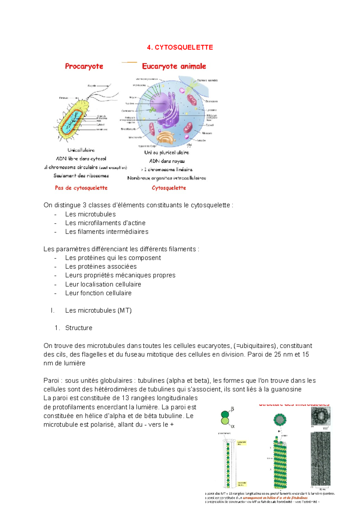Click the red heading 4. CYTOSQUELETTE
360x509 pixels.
(180, 47)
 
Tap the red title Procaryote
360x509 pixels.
(84, 66)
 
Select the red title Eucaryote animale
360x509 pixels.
(174, 66)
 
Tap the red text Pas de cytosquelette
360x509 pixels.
(81, 188)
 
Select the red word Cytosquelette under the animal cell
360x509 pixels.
(169, 188)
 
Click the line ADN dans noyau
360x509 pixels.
(167, 161)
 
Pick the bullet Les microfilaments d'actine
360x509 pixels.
(105, 223)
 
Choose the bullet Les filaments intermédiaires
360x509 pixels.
(106, 232)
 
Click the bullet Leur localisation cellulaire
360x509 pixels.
(103, 284)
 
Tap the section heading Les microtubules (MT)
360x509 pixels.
(98, 311)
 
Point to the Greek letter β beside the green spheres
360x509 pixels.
(232, 409)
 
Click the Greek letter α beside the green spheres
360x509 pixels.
(232, 426)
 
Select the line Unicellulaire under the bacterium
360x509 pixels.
(81, 150)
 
